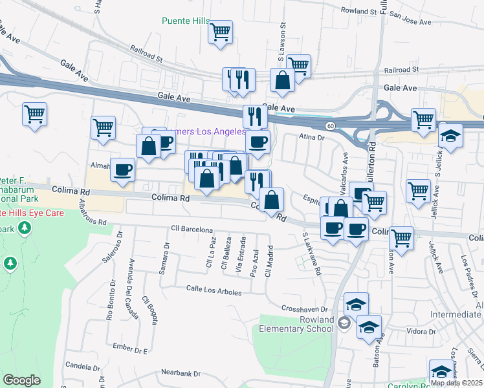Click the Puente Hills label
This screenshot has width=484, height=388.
186,21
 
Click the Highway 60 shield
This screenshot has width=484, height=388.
330,125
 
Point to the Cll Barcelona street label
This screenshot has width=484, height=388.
192,230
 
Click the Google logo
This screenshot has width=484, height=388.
21,380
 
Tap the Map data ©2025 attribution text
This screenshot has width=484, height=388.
456,382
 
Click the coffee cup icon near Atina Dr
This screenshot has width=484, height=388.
258,142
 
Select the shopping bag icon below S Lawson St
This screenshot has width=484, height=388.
282,80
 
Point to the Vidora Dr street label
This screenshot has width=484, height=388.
423,332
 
